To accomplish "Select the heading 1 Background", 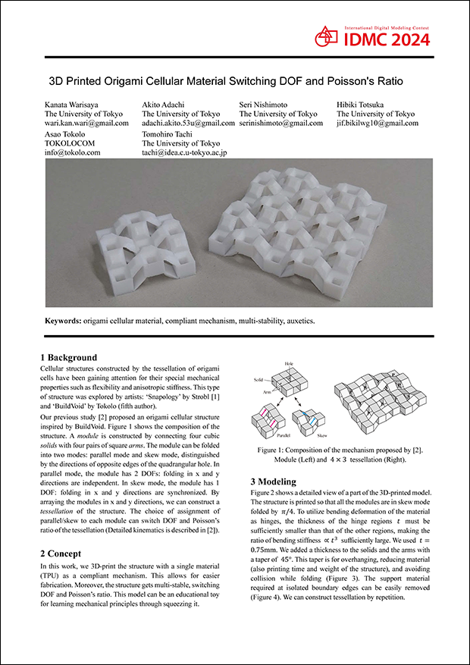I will pyautogui.click(x=68, y=357).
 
